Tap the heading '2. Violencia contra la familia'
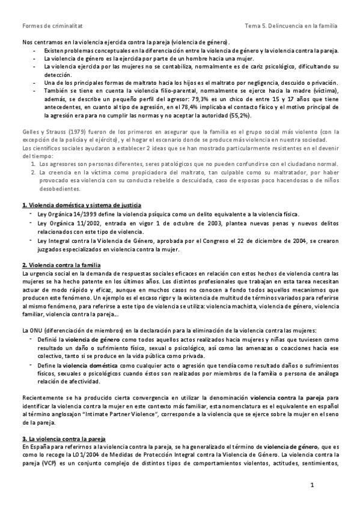coord(61,265)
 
